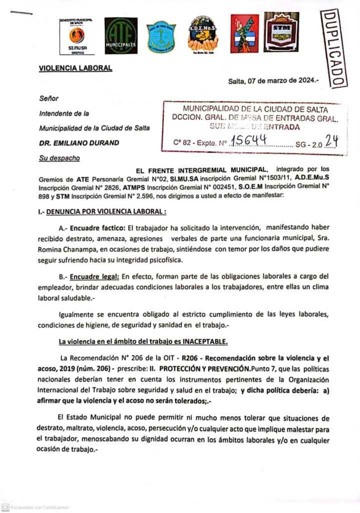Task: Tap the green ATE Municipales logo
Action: (121, 35)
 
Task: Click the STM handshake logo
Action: (281, 33)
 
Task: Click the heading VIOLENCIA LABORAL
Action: (75, 68)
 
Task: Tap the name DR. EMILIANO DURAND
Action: (79, 143)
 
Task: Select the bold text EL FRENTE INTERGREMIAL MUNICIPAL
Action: (198, 169)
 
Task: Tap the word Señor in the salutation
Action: (49, 99)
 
